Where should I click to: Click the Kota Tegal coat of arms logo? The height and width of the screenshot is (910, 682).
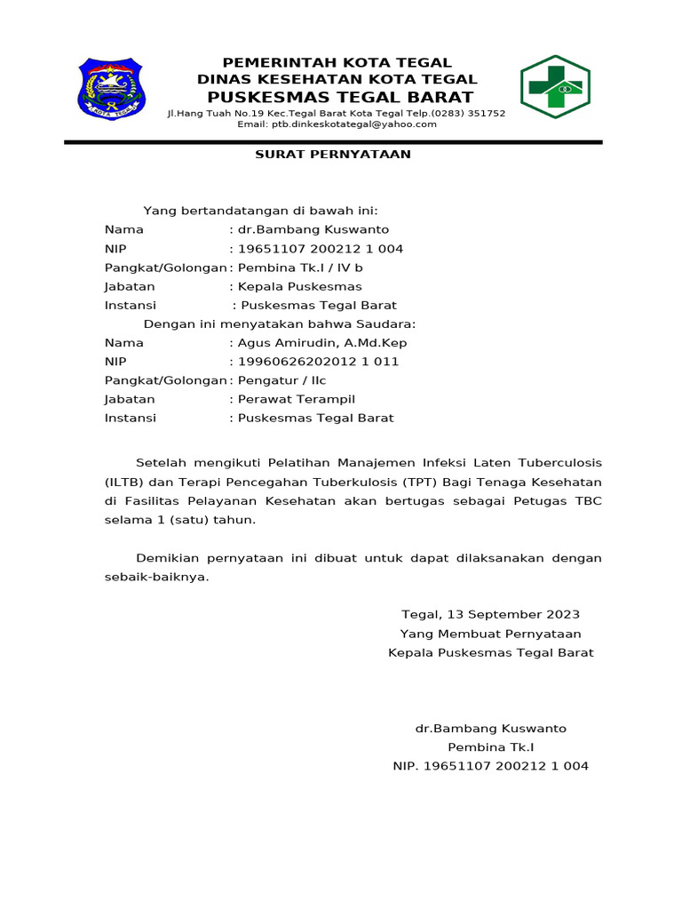(x=113, y=89)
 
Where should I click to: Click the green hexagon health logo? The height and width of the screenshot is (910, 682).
(x=555, y=87)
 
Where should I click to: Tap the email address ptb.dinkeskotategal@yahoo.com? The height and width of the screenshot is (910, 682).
(x=337, y=124)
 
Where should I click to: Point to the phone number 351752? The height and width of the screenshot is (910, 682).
(x=487, y=113)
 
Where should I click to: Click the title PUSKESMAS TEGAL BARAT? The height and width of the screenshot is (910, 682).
(x=337, y=97)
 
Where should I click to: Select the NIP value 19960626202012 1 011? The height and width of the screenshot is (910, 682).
(x=318, y=362)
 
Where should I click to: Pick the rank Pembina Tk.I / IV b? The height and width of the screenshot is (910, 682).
(x=300, y=267)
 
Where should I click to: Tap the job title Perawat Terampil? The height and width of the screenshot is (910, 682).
(x=296, y=399)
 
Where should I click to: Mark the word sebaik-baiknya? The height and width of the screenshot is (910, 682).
(x=156, y=577)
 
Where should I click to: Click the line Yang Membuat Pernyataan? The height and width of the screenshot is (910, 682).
(x=490, y=634)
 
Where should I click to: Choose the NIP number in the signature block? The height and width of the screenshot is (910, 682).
(x=490, y=766)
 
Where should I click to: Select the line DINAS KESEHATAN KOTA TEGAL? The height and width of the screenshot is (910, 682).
(x=337, y=79)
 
